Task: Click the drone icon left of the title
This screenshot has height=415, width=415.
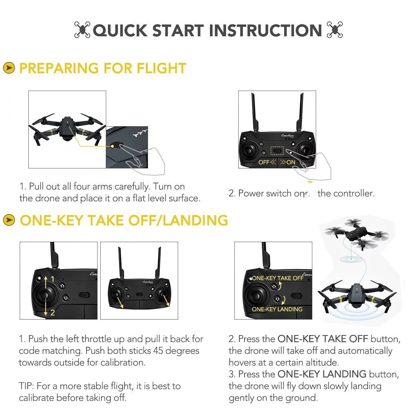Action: (x=82, y=30)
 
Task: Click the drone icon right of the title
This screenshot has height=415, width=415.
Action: (x=335, y=30)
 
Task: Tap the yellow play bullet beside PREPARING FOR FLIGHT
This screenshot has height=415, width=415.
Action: (x=9, y=68)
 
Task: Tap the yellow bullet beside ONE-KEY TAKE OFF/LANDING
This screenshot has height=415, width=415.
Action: (x=9, y=220)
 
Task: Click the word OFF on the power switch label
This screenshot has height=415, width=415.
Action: (x=264, y=162)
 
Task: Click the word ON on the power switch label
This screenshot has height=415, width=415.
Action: (x=291, y=162)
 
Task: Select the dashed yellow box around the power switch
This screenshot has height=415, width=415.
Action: (x=277, y=151)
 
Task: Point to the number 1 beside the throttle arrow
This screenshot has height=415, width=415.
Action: (x=53, y=279)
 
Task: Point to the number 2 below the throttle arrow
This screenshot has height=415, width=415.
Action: (x=53, y=313)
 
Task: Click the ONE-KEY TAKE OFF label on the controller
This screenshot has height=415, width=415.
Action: (x=277, y=278)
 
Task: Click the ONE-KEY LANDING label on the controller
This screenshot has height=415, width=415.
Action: (x=277, y=309)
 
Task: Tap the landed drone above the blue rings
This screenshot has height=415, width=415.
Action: (x=356, y=296)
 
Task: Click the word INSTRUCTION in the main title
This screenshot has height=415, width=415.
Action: (x=266, y=30)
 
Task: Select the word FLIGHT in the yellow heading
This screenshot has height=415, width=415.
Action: (x=162, y=68)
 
